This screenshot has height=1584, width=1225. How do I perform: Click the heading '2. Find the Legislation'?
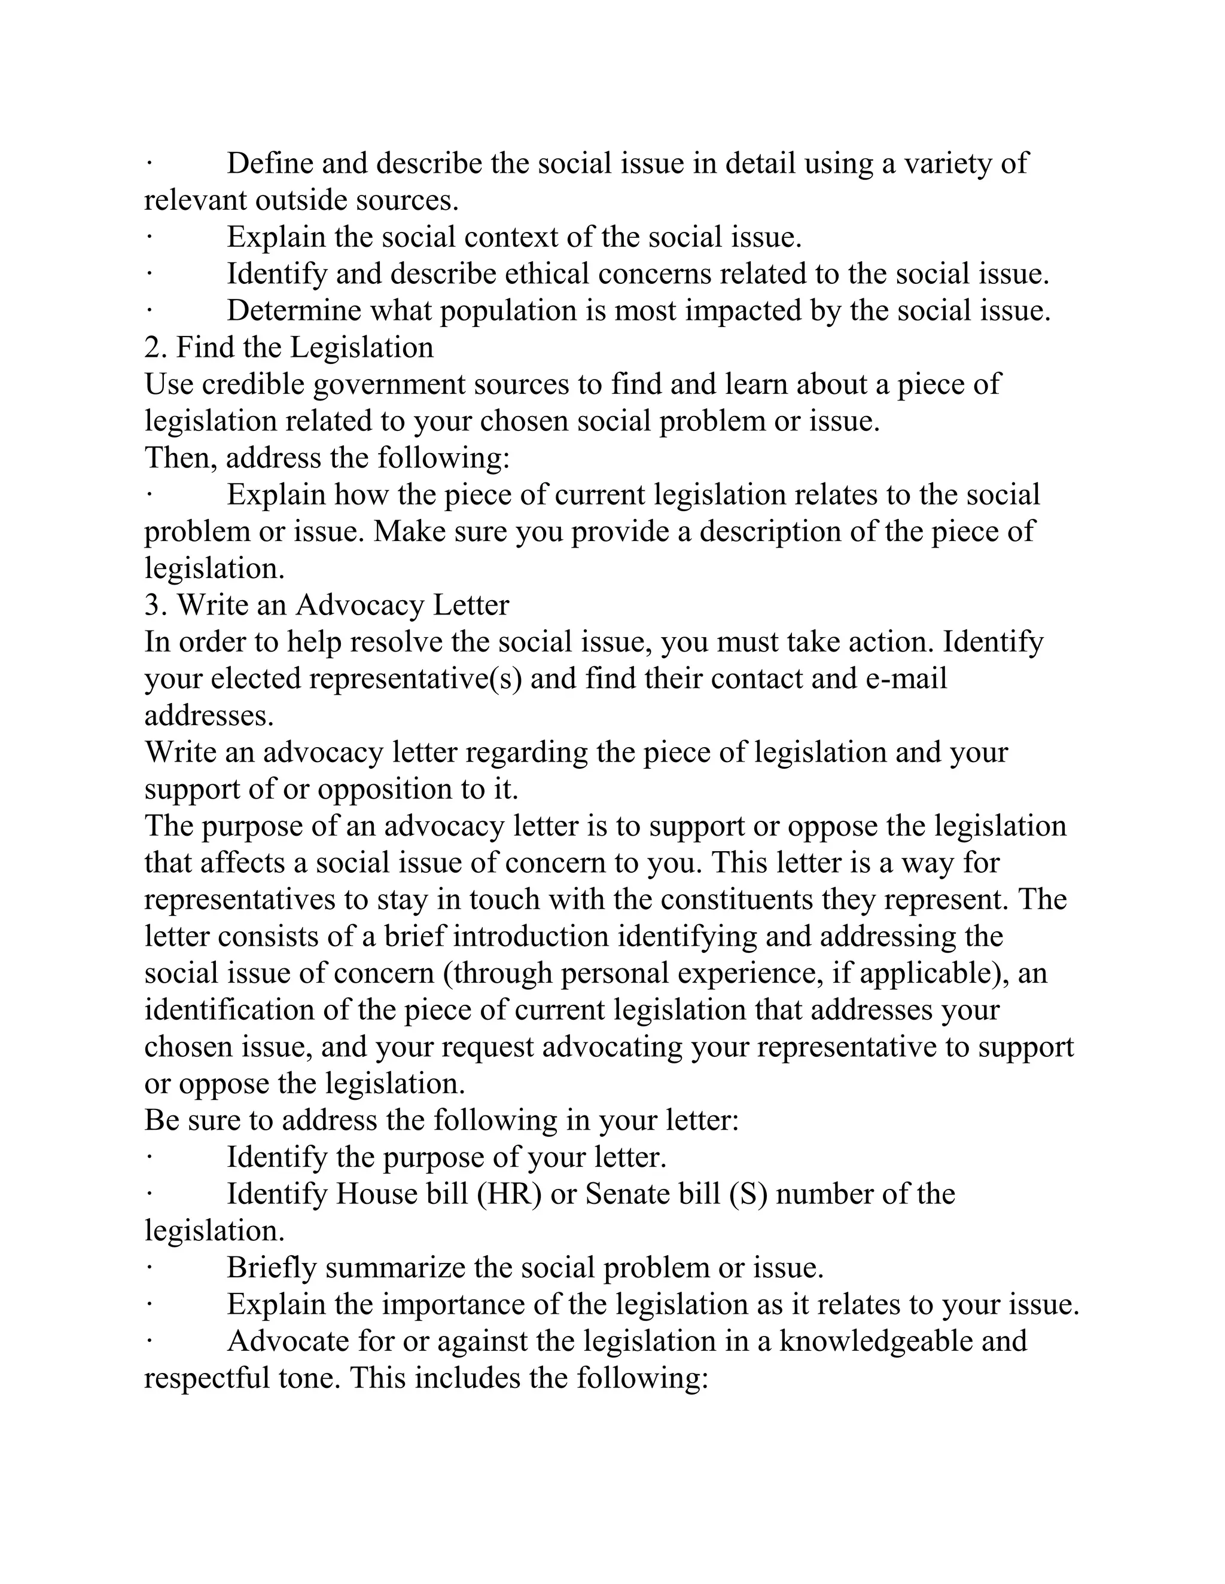(289, 347)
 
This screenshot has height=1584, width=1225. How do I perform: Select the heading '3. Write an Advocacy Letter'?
(327, 605)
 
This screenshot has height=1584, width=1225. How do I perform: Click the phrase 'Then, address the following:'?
(327, 458)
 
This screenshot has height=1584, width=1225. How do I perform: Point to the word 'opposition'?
(385, 789)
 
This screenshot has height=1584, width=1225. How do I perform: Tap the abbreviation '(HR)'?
(510, 1194)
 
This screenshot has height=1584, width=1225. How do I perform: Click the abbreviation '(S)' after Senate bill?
(748, 1194)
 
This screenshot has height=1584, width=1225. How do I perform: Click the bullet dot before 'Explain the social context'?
(148, 237)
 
